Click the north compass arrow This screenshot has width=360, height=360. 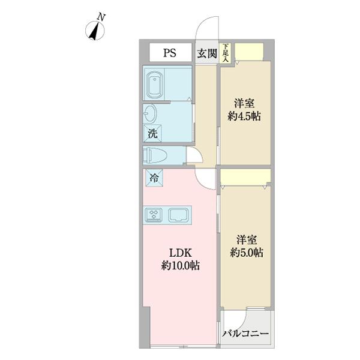pyautogui.click(x=94, y=32)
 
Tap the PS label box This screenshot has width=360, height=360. pyautogui.click(x=169, y=52)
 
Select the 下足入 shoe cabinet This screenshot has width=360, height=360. pyautogui.click(x=226, y=52)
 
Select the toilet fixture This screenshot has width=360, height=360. pyautogui.click(x=157, y=156)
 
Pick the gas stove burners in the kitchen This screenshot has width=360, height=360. pyautogui.click(x=154, y=214)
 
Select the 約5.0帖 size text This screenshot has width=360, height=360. pyautogui.click(x=247, y=253)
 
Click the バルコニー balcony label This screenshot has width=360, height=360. pyautogui.click(x=245, y=334)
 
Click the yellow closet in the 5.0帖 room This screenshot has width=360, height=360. pyautogui.click(x=245, y=176)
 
